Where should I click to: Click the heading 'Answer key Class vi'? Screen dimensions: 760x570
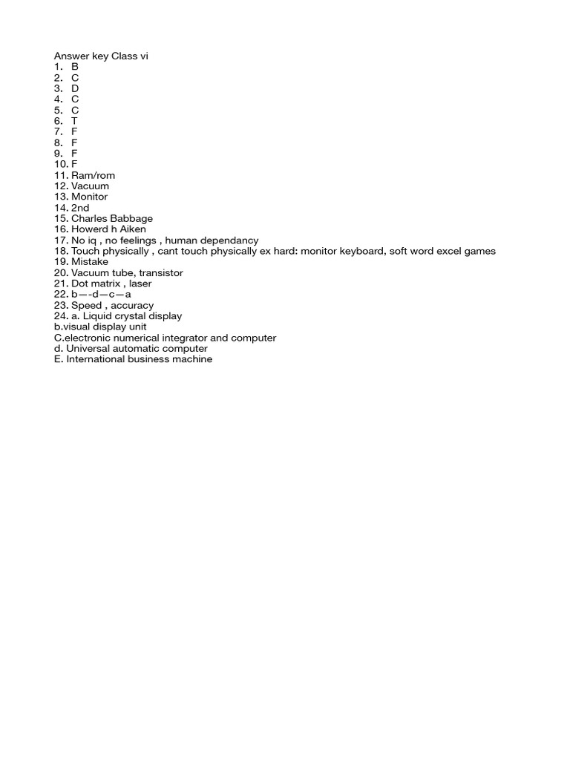coord(101,56)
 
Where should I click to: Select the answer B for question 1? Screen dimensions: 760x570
coord(75,67)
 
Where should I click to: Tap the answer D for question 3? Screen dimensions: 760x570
coord(75,88)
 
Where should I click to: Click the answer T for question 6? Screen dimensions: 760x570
coord(74,121)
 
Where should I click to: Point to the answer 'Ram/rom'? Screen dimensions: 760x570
coord(94,175)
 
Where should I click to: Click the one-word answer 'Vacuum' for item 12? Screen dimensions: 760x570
coord(90,186)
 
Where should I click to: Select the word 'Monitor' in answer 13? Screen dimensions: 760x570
coord(89,197)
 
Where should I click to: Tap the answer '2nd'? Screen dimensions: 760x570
coord(80,208)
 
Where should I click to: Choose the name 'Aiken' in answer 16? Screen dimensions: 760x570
coord(131,229)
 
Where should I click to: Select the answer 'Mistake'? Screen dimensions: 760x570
coord(90,262)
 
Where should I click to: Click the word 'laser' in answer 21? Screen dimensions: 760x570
coord(140,284)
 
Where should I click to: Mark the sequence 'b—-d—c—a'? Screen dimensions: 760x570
coord(101,295)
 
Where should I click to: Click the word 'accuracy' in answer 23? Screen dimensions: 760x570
coord(132,306)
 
